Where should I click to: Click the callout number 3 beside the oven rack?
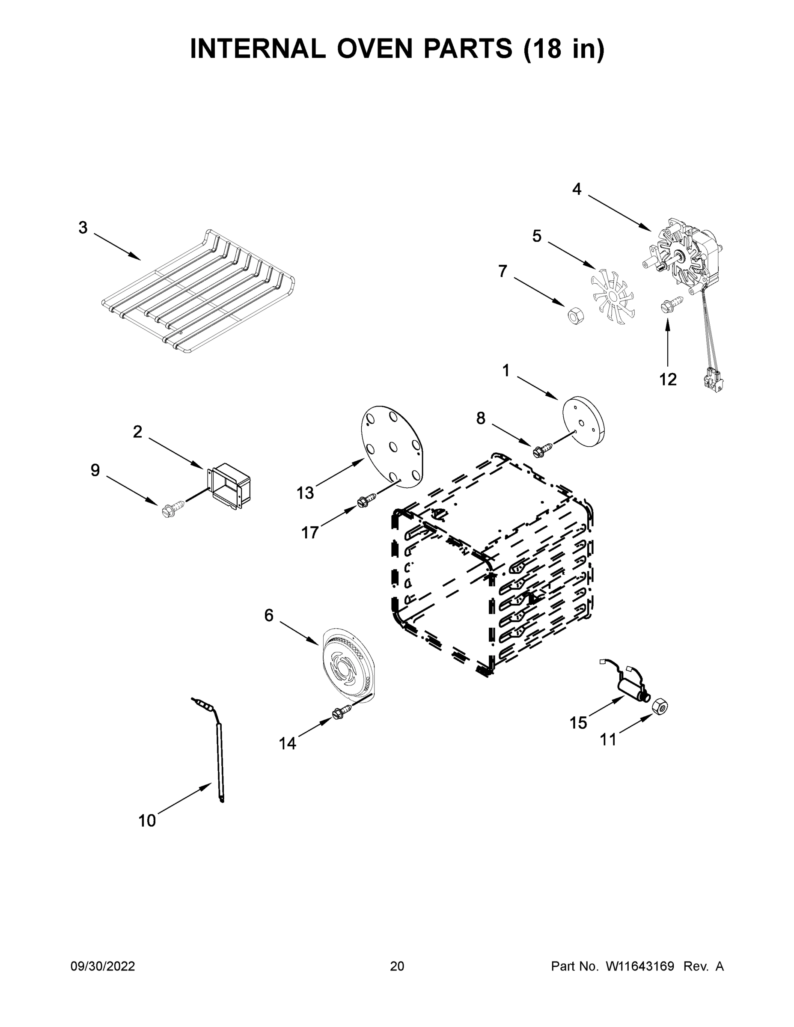coord(83,228)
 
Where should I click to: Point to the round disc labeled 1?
coord(584,423)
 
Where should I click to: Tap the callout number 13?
coord(305,493)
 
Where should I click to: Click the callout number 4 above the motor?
coord(577,190)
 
